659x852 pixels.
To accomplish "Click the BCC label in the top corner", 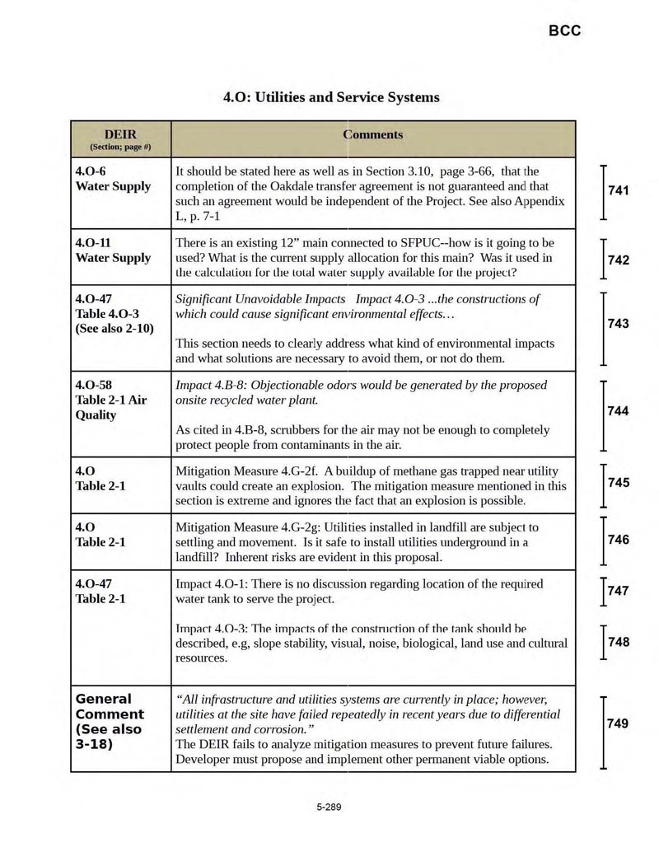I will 564,30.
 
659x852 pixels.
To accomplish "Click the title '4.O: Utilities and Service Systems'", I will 331,97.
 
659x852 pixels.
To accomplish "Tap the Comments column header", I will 373,134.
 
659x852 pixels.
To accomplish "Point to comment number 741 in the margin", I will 619,191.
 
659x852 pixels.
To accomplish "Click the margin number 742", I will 619,260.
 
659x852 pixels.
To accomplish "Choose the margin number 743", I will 619,324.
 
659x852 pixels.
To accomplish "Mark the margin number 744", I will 619,411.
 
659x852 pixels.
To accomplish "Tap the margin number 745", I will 619,483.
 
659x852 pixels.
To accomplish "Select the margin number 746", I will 619,540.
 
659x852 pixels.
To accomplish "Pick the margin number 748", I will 619,642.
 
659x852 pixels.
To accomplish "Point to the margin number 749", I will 619,723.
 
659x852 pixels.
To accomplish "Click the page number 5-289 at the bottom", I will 329,807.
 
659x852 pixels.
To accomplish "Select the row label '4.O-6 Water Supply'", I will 113,179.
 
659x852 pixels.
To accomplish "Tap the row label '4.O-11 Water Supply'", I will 113,250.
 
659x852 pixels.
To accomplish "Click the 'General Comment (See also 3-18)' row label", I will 110,722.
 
